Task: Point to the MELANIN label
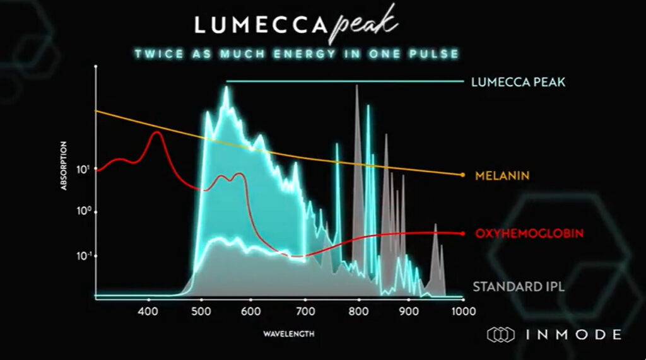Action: pyautogui.click(x=502, y=175)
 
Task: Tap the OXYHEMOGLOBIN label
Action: pyautogui.click(x=529, y=233)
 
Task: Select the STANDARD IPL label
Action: pyautogui.click(x=519, y=287)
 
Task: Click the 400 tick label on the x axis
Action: pyautogui.click(x=148, y=311)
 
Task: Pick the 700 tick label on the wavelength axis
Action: pyautogui.click(x=305, y=311)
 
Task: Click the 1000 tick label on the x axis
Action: pyautogui.click(x=462, y=311)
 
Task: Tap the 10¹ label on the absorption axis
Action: pyautogui.click(x=83, y=169)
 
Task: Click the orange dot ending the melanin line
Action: pyautogui.click(x=462, y=175)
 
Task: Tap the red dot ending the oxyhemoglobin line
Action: pyautogui.click(x=462, y=233)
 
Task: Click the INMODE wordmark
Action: pyautogui.click(x=571, y=334)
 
